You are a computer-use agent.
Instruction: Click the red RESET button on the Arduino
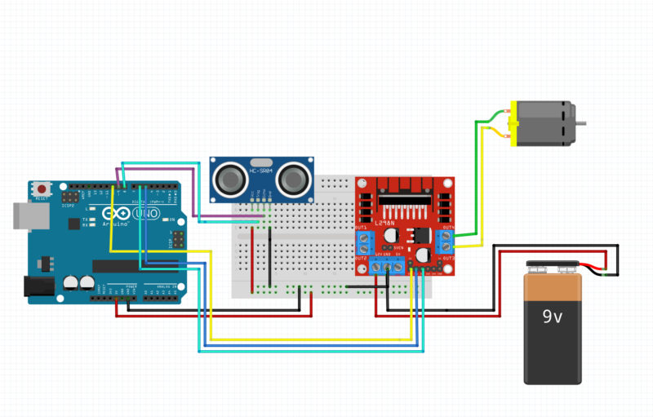(x=42, y=189)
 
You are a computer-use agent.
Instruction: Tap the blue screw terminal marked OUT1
(x=365, y=242)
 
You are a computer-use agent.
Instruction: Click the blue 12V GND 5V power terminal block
(x=388, y=266)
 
